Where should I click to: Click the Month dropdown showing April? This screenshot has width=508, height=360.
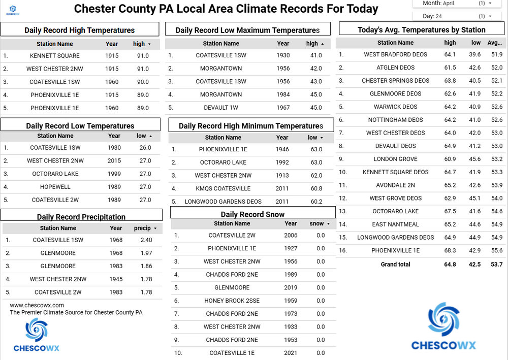point(457,3)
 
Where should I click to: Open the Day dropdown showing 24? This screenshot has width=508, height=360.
point(457,16)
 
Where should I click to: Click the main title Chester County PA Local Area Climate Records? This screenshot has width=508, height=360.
point(226,9)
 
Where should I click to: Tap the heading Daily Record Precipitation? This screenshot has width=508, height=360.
point(81,217)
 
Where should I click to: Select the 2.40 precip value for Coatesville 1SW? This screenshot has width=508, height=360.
point(146,240)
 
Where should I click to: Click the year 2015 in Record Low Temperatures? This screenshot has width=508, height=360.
point(114,160)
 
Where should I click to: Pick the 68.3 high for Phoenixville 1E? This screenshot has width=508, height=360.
point(450,250)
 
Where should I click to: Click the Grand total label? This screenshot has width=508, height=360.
point(395,265)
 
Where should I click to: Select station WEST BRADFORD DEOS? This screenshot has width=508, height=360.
point(396,54)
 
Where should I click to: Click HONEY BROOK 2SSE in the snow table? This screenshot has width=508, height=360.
point(232,301)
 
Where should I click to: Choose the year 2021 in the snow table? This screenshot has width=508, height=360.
point(291,353)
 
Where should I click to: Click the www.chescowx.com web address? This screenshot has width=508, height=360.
point(37,305)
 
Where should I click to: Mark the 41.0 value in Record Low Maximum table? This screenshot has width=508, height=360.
point(316,55)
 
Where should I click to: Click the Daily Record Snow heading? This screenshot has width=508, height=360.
point(252,214)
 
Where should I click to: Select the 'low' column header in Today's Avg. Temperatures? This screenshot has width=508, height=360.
point(475,43)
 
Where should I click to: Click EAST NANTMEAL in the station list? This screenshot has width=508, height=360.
point(396,224)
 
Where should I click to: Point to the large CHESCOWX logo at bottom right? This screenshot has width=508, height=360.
point(443,328)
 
